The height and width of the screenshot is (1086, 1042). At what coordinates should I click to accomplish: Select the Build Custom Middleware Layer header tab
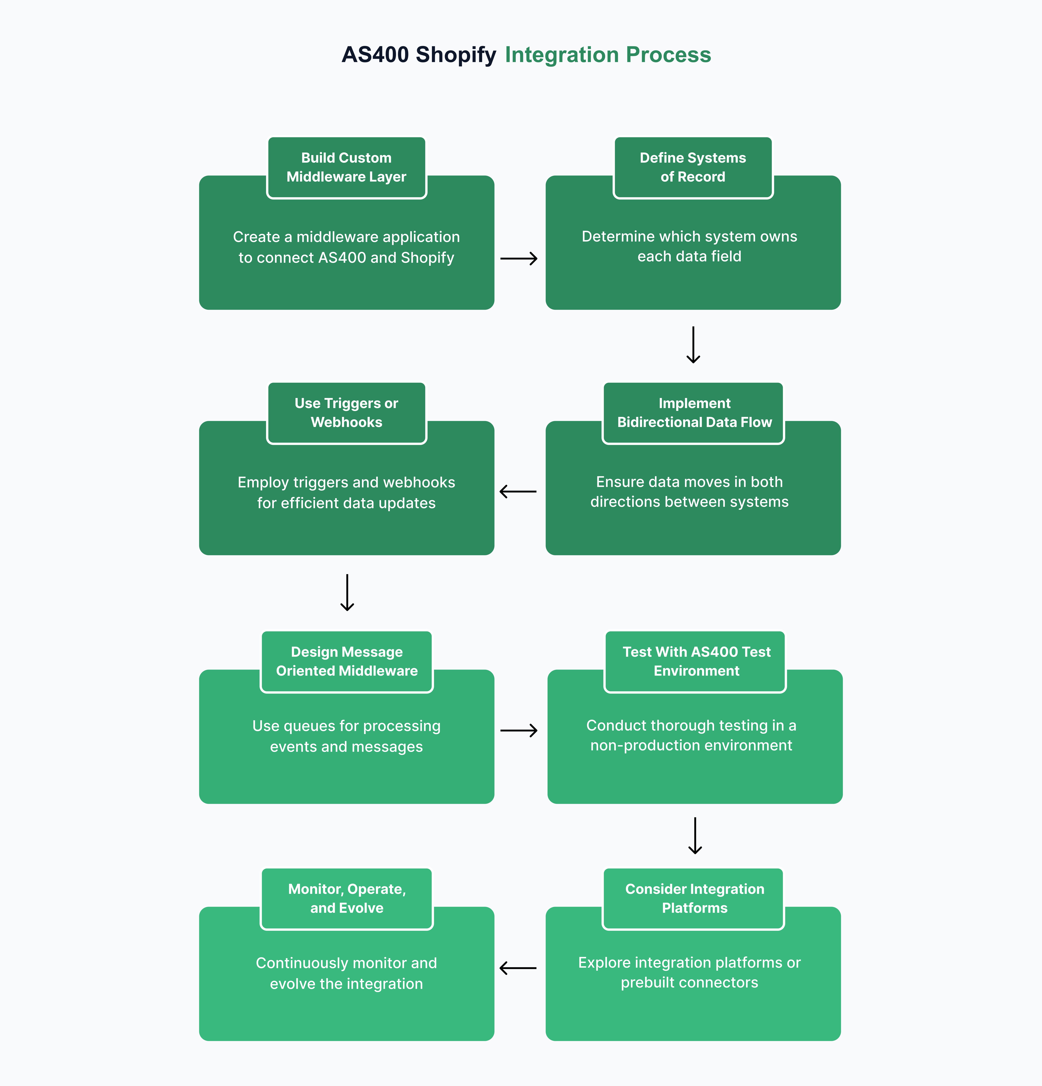[x=346, y=167]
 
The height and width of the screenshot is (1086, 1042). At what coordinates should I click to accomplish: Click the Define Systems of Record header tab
[x=693, y=167]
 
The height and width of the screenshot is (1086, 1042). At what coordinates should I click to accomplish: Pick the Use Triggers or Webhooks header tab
[x=346, y=413]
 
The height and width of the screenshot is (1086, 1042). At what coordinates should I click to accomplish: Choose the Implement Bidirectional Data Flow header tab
[x=694, y=413]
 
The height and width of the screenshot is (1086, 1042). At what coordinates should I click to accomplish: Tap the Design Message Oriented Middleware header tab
[x=346, y=662]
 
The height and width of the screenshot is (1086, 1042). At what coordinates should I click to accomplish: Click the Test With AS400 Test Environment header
[x=696, y=662]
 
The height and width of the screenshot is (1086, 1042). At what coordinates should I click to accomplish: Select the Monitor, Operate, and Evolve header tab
[x=346, y=899]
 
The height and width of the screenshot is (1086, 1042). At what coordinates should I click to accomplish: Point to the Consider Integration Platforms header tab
[x=694, y=899]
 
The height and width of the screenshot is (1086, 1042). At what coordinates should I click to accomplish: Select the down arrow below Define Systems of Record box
[x=693, y=345]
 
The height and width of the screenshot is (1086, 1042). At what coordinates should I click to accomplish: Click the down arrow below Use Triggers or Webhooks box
[x=347, y=592]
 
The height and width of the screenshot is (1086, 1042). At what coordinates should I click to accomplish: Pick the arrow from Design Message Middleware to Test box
[x=519, y=730]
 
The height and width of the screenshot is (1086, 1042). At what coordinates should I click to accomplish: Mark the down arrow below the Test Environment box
[x=695, y=835]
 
